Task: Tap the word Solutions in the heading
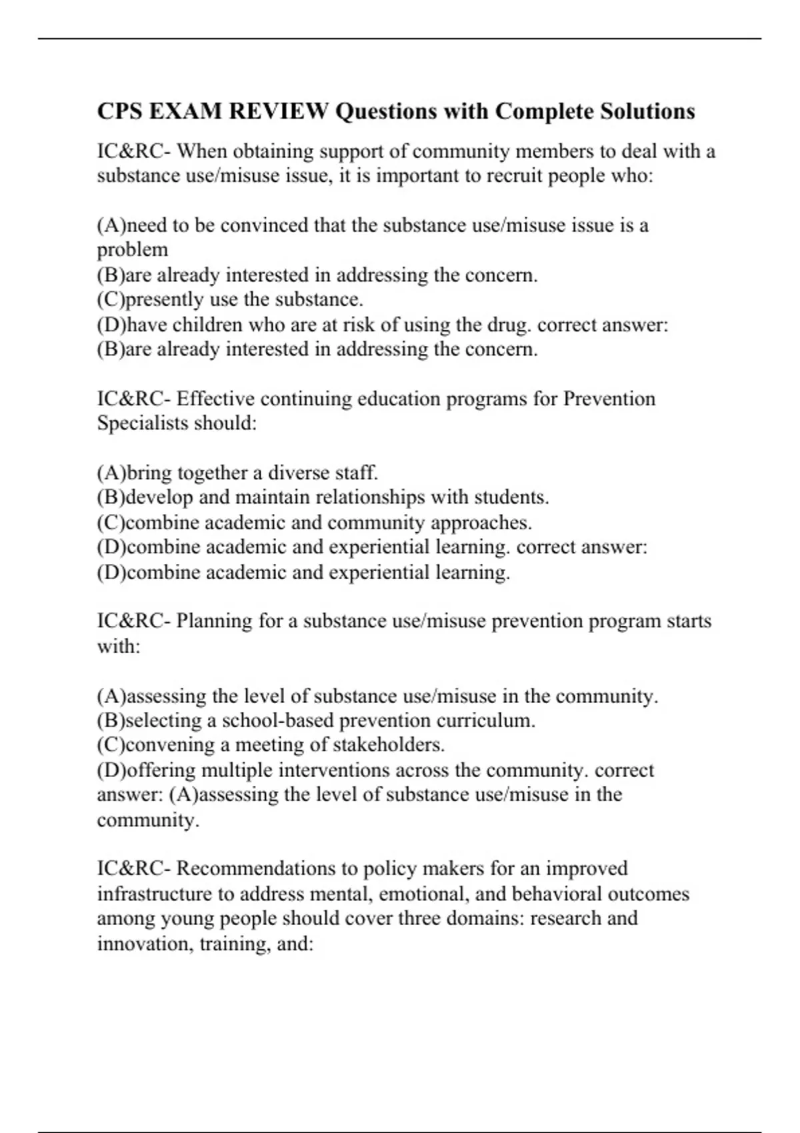(647, 111)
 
